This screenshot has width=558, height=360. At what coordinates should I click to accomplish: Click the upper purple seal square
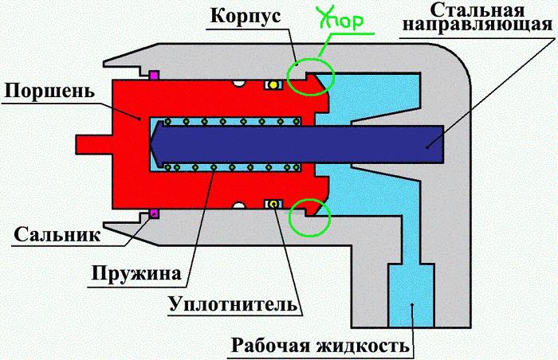tap(154, 76)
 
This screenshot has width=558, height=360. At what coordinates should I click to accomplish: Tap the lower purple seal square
tap(154, 213)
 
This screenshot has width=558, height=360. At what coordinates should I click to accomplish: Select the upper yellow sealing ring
tap(273, 84)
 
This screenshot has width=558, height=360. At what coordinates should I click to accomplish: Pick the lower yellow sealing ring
tap(273, 204)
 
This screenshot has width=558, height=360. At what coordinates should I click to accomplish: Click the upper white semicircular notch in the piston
tap(238, 83)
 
